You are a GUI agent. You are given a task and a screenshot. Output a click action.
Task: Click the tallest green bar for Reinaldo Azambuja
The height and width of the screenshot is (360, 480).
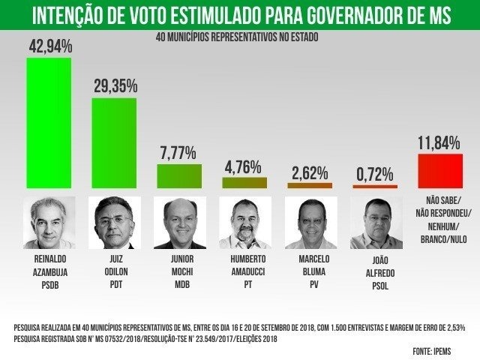(x=49, y=122)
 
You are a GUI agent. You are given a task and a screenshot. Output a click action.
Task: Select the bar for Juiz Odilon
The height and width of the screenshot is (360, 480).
(x=114, y=142)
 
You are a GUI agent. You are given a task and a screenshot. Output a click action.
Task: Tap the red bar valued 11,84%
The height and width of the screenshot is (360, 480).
(x=439, y=170)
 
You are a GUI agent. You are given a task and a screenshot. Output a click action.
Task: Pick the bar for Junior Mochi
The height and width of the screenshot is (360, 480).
(x=178, y=175)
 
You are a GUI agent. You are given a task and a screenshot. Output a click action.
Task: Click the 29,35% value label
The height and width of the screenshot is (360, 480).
(x=115, y=86)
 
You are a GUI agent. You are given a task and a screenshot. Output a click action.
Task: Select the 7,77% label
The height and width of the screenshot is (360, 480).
(x=178, y=153)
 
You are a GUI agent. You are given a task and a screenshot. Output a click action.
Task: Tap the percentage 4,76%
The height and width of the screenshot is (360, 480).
(x=243, y=166)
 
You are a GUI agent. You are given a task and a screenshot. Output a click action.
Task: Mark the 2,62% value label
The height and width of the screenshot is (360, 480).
(x=309, y=172)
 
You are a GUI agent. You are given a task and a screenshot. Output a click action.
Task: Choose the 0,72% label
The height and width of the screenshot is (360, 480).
(x=374, y=175)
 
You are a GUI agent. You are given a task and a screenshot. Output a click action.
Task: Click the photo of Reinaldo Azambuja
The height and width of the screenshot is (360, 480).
(x=49, y=223)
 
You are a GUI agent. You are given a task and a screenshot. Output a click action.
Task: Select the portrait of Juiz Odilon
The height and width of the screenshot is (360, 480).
(x=115, y=223)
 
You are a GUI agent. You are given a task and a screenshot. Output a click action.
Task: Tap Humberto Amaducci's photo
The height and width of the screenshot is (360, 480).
(x=244, y=223)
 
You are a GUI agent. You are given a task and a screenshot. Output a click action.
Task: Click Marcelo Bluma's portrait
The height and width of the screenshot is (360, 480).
(x=310, y=223)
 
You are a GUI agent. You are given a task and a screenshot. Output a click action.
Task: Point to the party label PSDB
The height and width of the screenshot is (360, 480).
(x=49, y=285)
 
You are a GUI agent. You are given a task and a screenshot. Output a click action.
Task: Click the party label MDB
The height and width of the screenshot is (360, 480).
(x=179, y=285)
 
